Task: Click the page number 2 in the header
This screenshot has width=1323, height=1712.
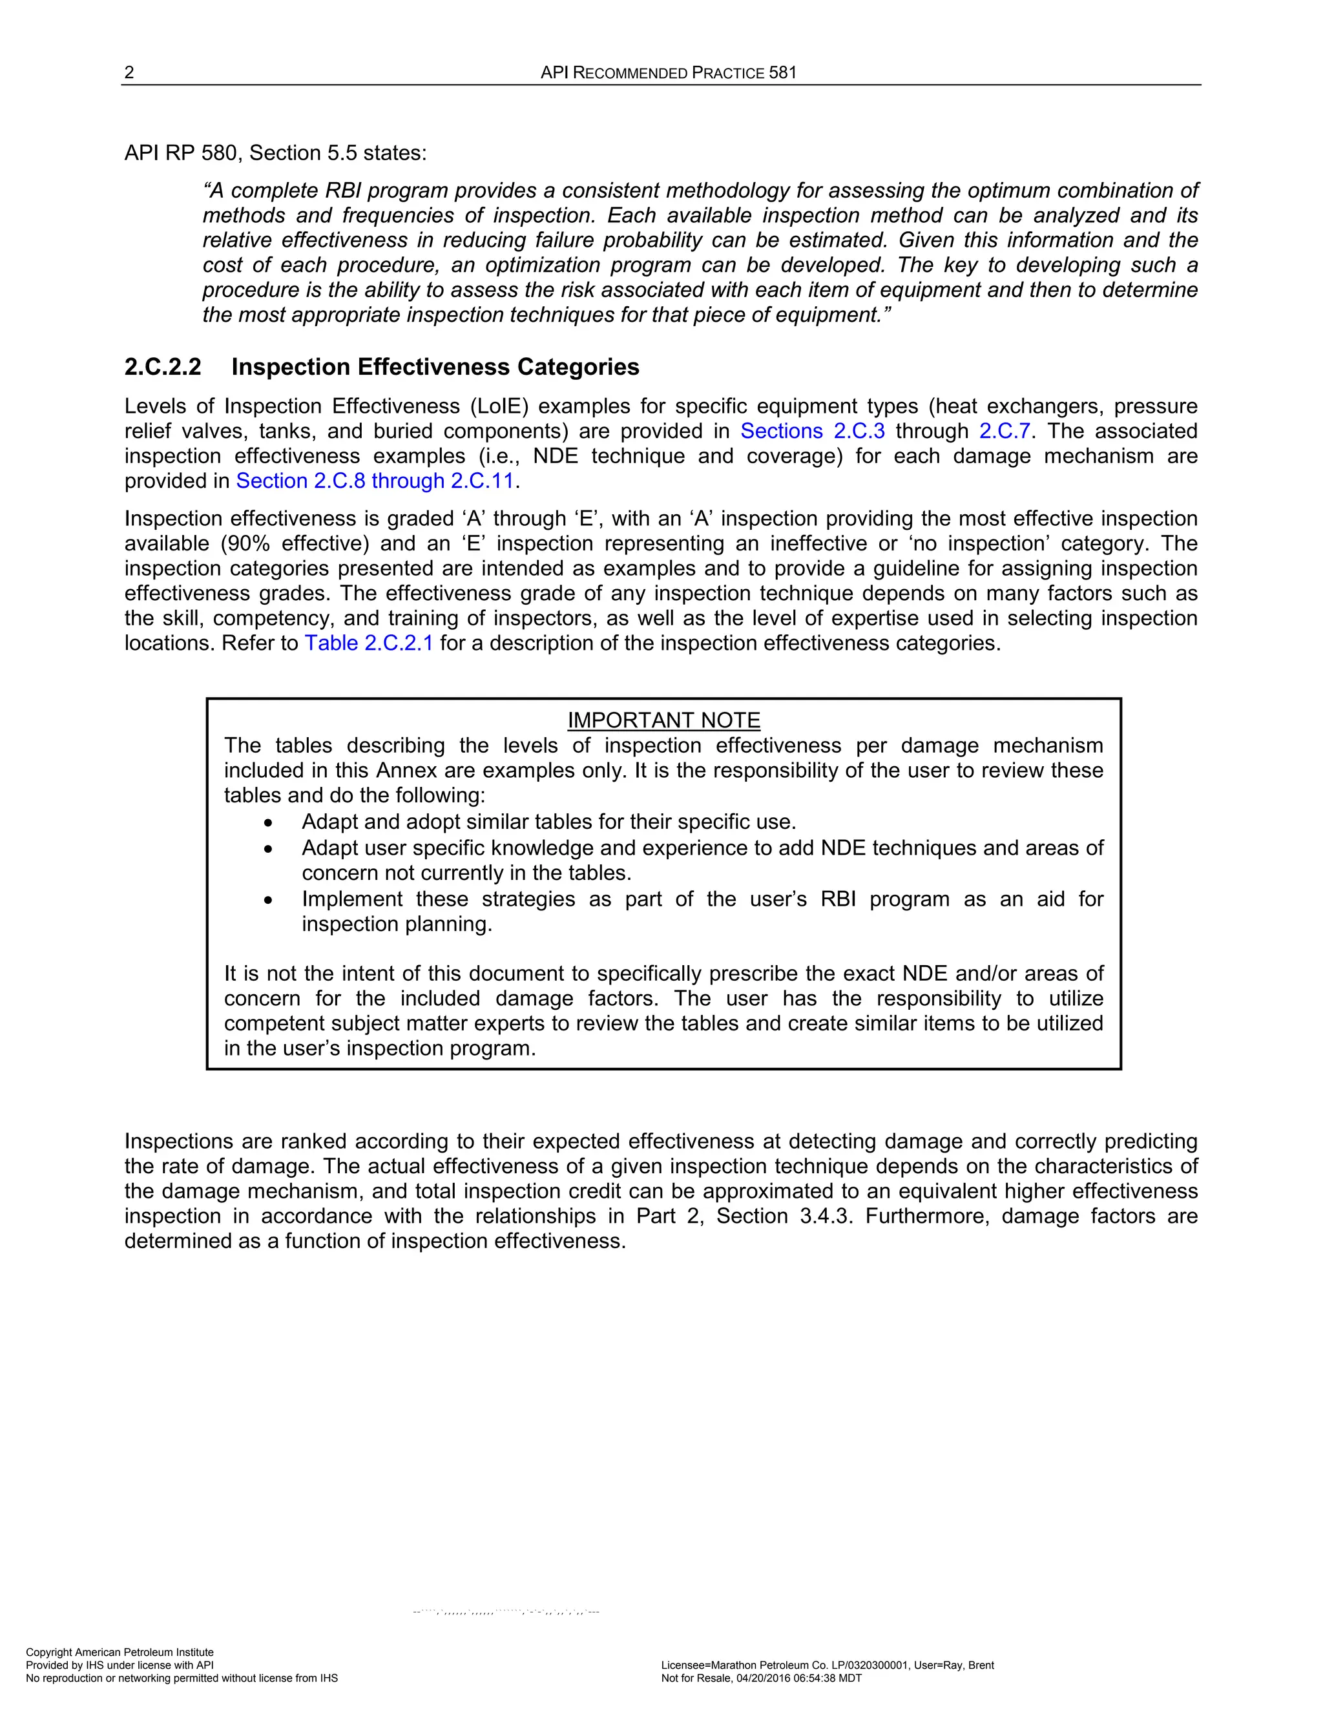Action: click(129, 73)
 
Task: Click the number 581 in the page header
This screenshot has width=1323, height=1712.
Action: click(782, 73)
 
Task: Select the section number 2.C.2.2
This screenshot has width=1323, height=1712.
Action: click(163, 367)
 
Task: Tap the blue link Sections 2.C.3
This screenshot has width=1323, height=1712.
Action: click(812, 431)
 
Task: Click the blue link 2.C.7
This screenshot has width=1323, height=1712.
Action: click(1004, 431)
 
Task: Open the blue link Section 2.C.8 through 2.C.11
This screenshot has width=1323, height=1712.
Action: click(375, 481)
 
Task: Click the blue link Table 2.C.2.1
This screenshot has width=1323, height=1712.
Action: click(368, 643)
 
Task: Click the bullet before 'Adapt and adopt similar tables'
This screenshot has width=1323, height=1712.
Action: click(269, 823)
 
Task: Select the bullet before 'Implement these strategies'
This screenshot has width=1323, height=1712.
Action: click(269, 901)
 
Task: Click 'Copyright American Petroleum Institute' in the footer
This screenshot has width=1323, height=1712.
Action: click(119, 1652)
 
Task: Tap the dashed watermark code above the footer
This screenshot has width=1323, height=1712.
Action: click(506, 1613)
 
